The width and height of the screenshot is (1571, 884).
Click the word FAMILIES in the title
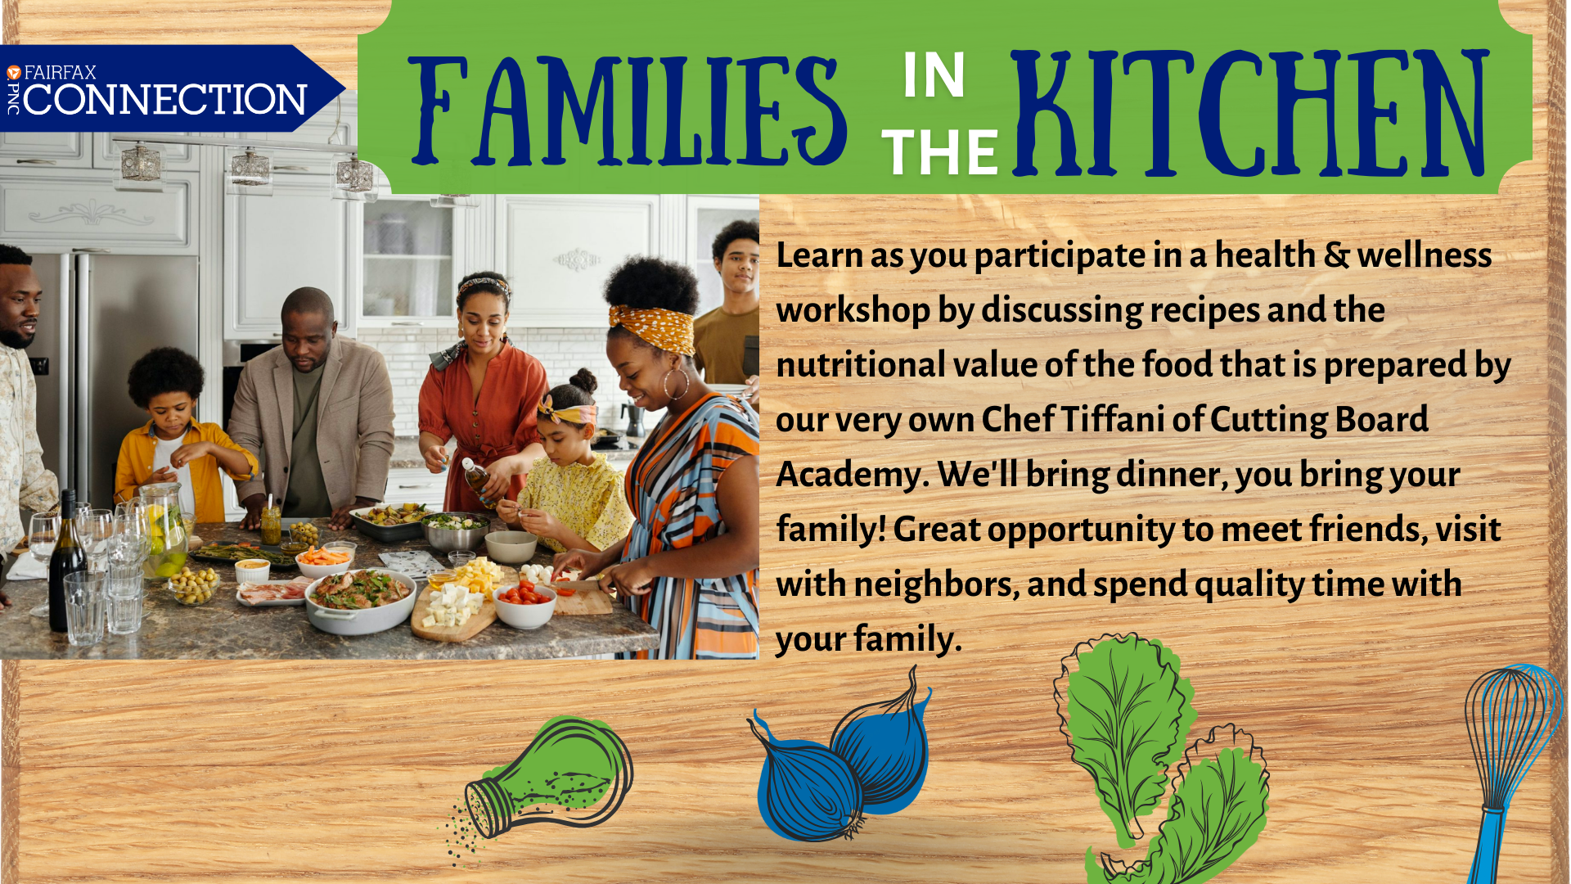click(x=628, y=110)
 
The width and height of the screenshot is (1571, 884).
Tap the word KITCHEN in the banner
click(x=1250, y=113)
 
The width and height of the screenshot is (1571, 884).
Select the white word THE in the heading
click(x=940, y=153)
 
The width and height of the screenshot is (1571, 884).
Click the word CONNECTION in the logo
click(x=165, y=100)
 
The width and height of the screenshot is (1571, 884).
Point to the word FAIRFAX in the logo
click(x=61, y=72)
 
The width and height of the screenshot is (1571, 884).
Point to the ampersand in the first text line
click(x=1336, y=255)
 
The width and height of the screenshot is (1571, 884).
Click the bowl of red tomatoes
click(x=524, y=604)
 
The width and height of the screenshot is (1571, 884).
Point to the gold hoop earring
click(x=676, y=383)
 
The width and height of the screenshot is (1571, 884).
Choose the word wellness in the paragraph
click(x=1425, y=255)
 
